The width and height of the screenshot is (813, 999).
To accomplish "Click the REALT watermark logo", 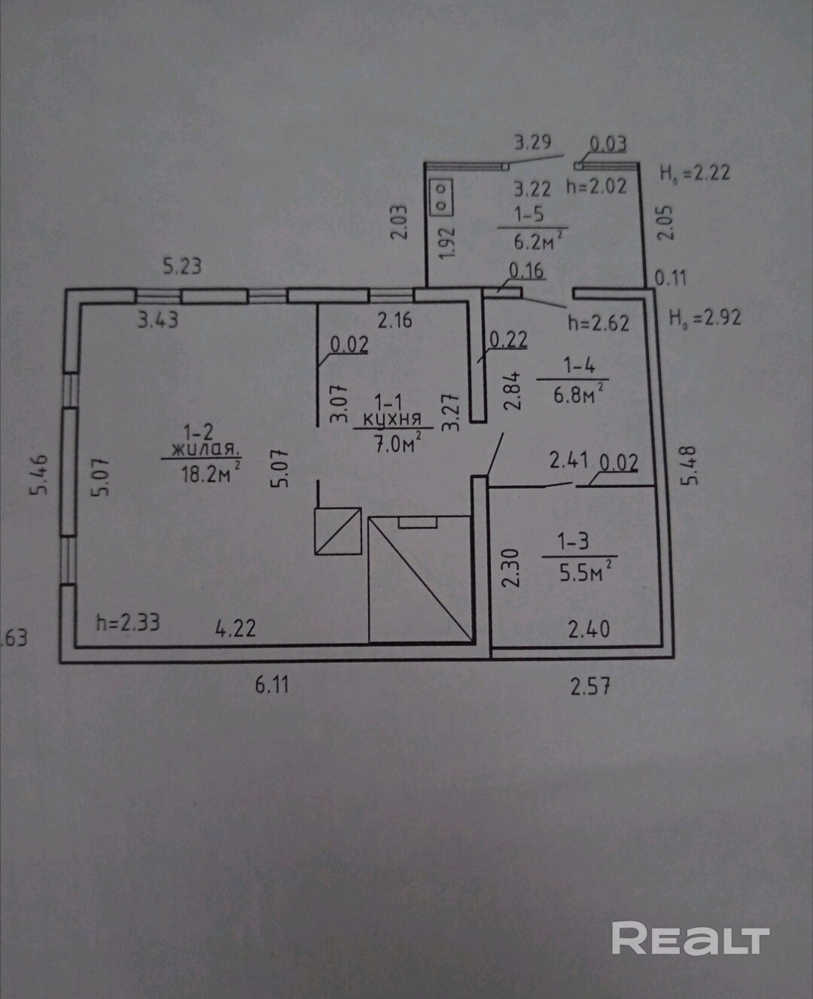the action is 690,939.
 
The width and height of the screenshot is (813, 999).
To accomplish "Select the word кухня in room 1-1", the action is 391,420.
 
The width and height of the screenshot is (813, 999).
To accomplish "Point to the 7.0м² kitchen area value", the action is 397,444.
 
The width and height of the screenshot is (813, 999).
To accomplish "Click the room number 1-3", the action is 573,541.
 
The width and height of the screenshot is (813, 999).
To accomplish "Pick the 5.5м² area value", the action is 585,571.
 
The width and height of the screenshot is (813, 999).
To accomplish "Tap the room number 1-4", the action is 580,366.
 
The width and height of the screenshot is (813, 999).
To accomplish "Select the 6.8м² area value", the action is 577,393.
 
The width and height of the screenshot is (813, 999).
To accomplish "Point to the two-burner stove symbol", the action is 442,194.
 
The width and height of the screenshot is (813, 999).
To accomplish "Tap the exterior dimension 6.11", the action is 272,685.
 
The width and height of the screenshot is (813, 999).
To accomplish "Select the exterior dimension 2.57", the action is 589,686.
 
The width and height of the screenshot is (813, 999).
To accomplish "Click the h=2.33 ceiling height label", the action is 128,623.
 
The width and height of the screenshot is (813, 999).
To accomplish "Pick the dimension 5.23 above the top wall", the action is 182,267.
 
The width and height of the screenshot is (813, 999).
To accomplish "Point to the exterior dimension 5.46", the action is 39,474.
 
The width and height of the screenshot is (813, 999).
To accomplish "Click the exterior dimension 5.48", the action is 690,467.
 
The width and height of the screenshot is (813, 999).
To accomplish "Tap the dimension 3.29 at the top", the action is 532,142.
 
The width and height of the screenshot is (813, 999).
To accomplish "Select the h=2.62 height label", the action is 598,323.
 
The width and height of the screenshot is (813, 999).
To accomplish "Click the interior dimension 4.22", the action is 236,627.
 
